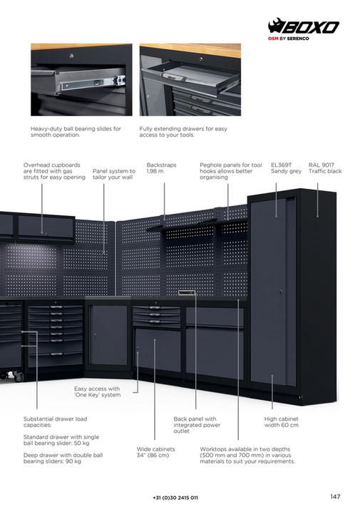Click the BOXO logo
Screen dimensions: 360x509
tap(303, 26)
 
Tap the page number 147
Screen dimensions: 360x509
tap(335, 496)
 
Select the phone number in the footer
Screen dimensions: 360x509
tap(175, 498)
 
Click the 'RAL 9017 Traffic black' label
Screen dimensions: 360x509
tap(325, 168)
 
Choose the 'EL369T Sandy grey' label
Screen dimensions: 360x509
tap(286, 168)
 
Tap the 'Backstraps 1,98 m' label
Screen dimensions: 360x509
tap(161, 168)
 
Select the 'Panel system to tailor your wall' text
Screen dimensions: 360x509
tap(114, 174)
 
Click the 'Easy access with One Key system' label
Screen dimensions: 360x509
tap(97, 392)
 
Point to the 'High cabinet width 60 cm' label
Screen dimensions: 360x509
tap(281, 422)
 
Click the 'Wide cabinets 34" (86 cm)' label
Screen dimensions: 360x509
tap(155, 452)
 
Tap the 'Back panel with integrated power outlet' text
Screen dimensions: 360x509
tap(197, 425)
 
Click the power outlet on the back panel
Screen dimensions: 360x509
tap(187, 293)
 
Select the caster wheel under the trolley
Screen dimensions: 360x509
tap(19, 377)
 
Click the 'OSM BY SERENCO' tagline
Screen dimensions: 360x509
tap(288, 38)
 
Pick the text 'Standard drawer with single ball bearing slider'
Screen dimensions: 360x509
tap(61, 440)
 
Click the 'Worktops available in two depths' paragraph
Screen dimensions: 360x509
tap(247, 455)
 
